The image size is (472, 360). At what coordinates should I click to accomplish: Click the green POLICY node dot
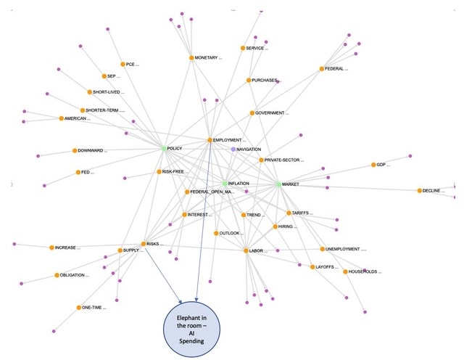[x=164, y=148]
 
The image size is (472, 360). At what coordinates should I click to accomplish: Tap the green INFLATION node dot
[x=225, y=184]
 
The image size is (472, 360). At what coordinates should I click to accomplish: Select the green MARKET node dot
[x=278, y=184]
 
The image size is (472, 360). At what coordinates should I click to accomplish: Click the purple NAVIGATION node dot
[x=233, y=149]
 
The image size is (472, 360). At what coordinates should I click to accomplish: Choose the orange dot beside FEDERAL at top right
[x=321, y=69]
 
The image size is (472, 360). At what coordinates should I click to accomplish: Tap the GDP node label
[x=382, y=165]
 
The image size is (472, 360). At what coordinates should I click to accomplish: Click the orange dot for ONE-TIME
[x=78, y=308]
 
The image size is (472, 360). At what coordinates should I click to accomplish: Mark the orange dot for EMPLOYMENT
[x=210, y=140]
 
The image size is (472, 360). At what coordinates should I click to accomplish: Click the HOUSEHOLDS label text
[x=365, y=272]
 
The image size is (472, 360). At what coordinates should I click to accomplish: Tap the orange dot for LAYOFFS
[x=312, y=267]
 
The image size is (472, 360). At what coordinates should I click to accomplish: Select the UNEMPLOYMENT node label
[x=346, y=249]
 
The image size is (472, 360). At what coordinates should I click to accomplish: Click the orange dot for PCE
[x=123, y=64]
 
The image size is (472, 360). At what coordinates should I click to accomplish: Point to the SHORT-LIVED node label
[x=108, y=92]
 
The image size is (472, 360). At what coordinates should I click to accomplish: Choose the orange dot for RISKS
[x=144, y=244]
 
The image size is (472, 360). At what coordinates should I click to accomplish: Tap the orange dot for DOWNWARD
[x=73, y=151]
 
